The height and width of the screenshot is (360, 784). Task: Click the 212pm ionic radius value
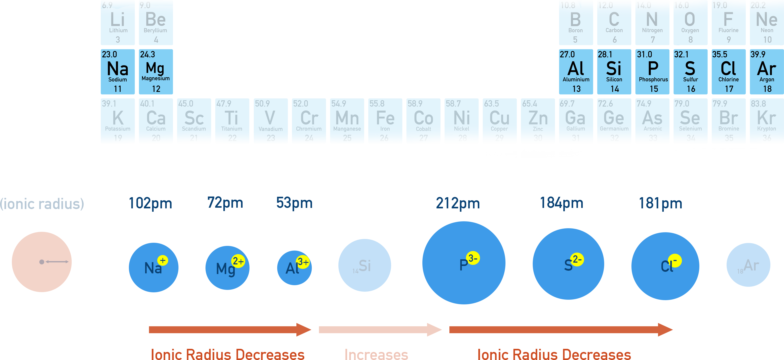click(x=458, y=203)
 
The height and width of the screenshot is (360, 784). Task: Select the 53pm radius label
click(x=294, y=203)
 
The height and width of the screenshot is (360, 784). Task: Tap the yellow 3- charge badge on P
click(x=473, y=258)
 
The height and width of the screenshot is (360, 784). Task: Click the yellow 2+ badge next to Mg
click(x=238, y=261)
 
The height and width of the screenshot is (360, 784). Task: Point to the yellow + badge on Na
click(x=163, y=260)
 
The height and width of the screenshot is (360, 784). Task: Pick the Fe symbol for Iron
click(x=385, y=118)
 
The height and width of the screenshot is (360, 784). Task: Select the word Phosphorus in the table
click(x=653, y=80)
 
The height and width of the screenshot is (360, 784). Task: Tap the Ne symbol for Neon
click(x=766, y=19)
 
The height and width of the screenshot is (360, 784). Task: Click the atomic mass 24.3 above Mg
click(x=148, y=54)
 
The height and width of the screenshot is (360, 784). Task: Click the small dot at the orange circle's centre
click(x=42, y=262)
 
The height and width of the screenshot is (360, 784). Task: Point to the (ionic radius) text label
click(x=42, y=204)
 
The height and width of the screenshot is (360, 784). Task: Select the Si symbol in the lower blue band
click(x=365, y=266)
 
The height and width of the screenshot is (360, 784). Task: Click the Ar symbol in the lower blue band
click(x=751, y=265)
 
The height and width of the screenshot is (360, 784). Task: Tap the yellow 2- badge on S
click(x=577, y=260)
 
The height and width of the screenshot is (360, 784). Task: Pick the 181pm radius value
click(x=660, y=203)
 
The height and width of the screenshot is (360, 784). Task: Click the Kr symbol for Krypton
click(x=766, y=118)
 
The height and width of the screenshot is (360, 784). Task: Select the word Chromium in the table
click(x=309, y=129)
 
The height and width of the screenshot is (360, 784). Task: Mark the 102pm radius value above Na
click(x=150, y=203)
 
